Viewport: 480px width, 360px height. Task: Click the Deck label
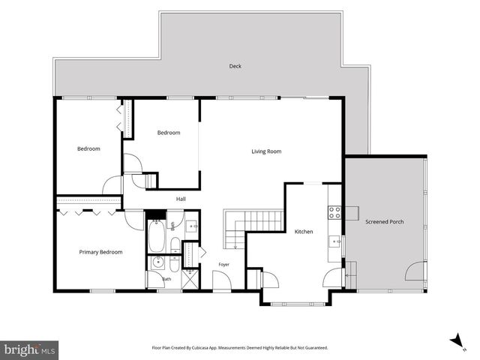coord(235,66)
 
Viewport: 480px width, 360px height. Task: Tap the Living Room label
coord(266,151)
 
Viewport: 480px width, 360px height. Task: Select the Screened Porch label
coord(385,222)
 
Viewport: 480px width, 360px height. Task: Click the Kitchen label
coord(304,232)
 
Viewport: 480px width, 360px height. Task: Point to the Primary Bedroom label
coord(100,252)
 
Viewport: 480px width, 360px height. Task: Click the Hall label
coord(181,199)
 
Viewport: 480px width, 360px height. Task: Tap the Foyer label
coord(223,265)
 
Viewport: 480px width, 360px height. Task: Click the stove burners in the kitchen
coord(334,213)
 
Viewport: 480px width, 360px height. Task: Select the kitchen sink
coord(335,241)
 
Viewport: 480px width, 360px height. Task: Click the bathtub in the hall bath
coord(157,236)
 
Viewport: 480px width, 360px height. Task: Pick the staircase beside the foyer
coord(253,229)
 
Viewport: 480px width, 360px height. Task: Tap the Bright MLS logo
coord(29,350)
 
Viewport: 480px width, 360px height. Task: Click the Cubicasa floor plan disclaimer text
coord(240,348)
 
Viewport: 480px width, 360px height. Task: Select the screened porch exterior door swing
coord(415,271)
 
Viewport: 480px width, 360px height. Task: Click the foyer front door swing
coord(222,280)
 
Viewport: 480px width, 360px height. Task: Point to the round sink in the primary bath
coord(158,262)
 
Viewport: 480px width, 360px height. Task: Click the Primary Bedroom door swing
coord(133,220)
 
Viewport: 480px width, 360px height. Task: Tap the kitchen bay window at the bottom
coord(298,304)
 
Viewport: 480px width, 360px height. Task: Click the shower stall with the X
coord(190,279)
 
